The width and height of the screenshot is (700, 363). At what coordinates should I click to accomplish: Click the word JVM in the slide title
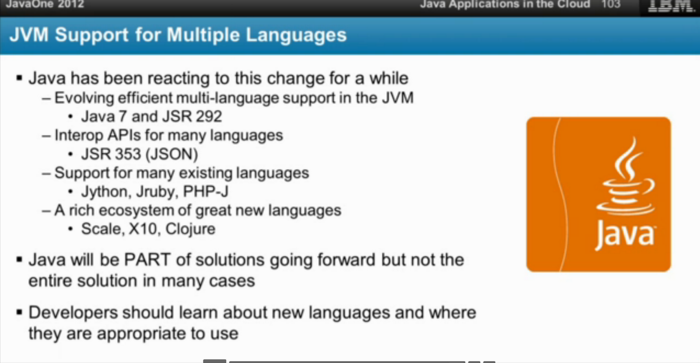tap(29, 35)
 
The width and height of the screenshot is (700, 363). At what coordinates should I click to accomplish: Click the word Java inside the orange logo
tap(625, 234)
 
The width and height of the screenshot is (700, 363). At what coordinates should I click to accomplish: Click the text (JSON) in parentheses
tap(171, 154)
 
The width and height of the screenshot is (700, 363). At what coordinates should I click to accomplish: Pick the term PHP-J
tap(206, 192)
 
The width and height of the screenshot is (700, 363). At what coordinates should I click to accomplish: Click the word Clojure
tap(190, 229)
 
